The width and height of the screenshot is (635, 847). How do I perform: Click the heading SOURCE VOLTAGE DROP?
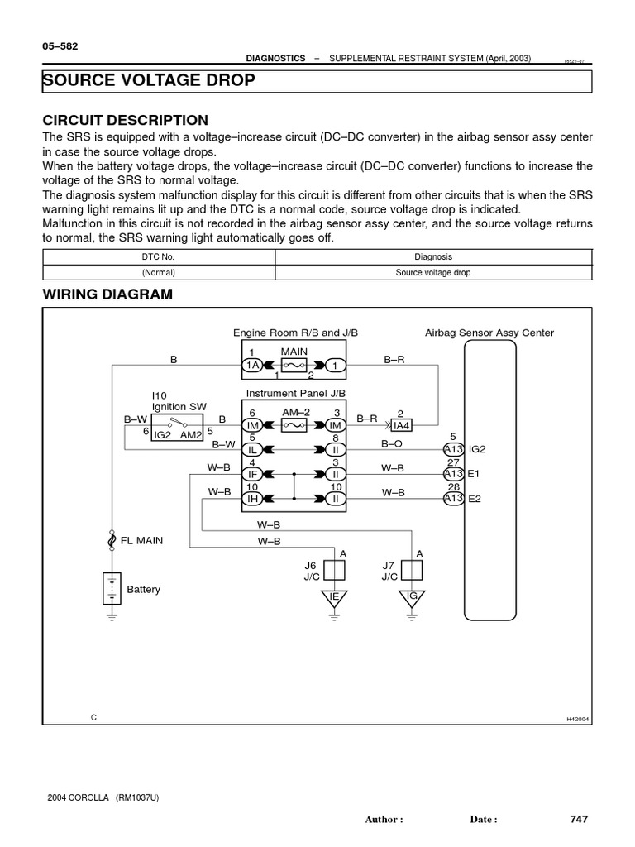149,80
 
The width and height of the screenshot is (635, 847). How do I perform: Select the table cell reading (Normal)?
158,272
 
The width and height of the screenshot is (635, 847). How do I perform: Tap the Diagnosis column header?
433,257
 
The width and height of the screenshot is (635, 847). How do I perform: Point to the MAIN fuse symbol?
294,365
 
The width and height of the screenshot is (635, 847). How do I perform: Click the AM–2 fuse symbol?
294,425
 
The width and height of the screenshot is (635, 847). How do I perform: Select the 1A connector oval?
252,365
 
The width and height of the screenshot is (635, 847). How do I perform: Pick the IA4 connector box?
400,425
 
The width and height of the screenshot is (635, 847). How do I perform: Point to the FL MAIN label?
141,540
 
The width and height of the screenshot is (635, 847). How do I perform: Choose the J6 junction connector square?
334,569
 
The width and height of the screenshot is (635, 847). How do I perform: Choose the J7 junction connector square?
411,569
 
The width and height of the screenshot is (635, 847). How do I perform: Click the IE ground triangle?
334,599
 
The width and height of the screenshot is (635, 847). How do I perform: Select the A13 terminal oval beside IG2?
452,449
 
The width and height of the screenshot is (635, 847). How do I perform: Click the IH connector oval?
252,499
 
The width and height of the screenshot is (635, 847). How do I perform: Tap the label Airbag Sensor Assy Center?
489,333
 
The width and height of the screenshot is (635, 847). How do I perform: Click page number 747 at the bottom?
579,819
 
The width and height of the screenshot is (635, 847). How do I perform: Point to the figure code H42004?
577,719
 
